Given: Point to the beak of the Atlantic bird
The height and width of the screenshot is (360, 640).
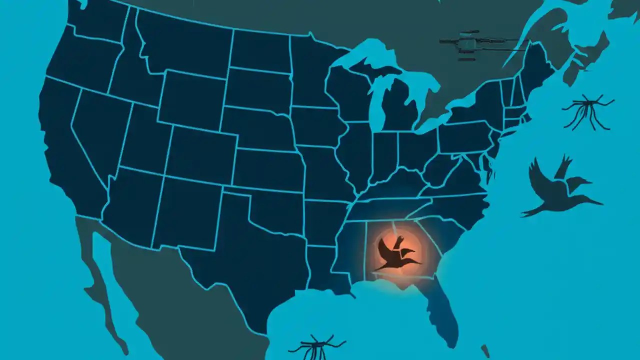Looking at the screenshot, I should (x=597, y=202).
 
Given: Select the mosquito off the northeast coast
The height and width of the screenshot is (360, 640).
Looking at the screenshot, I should (x=587, y=111).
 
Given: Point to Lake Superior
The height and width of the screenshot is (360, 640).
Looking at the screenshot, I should (x=360, y=52).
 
